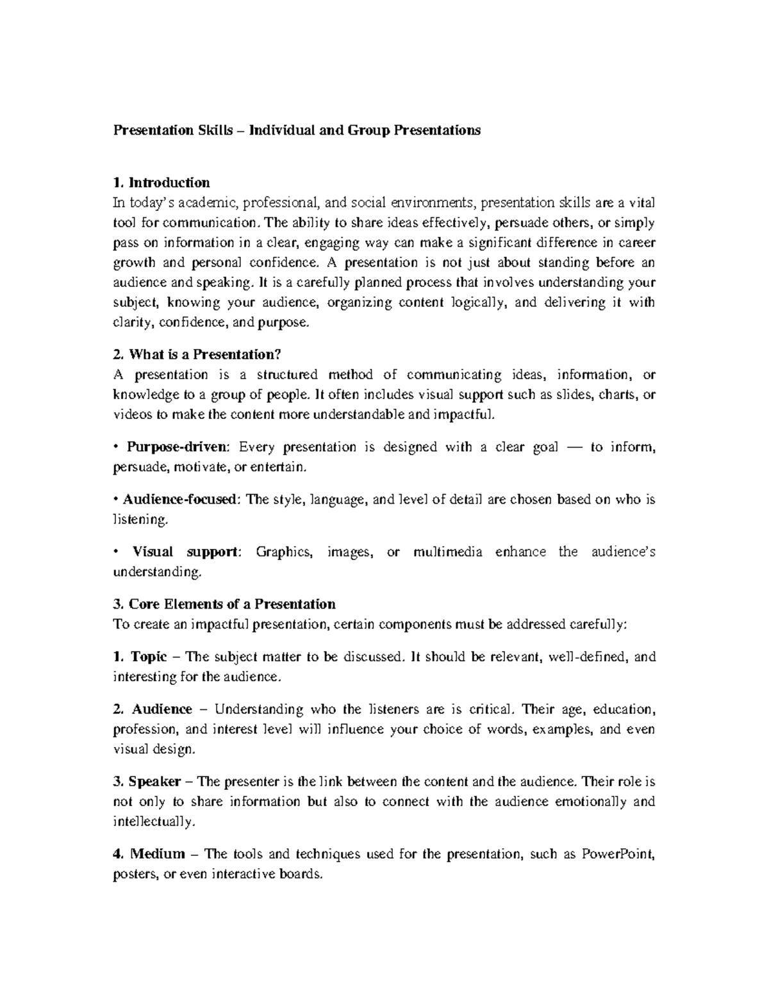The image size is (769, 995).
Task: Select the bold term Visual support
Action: (x=185, y=552)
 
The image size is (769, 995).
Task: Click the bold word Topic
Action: (x=149, y=657)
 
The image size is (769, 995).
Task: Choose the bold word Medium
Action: (x=158, y=854)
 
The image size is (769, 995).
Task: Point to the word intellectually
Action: (x=153, y=822)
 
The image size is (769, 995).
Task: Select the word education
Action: (x=624, y=709)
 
